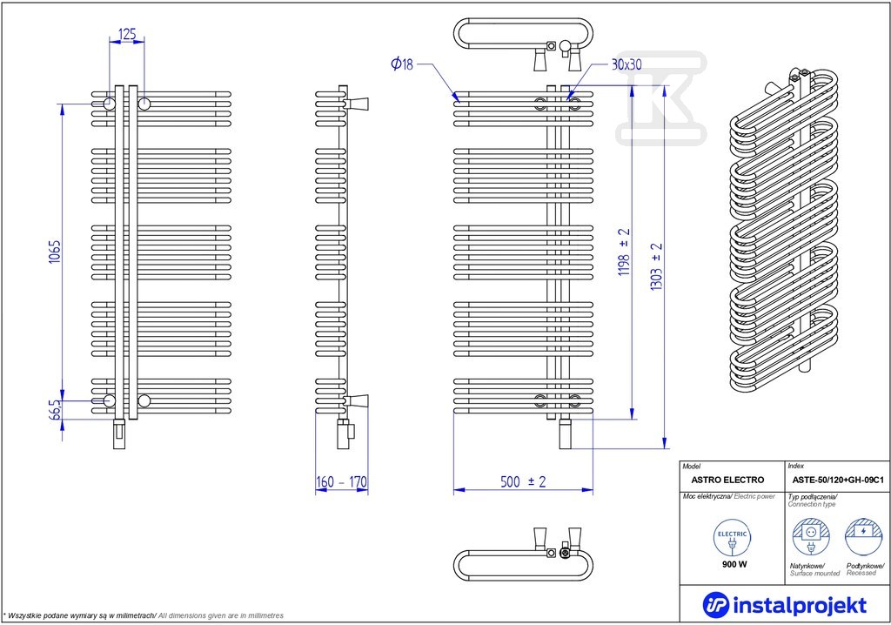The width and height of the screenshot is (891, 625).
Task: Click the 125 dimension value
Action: (127, 34)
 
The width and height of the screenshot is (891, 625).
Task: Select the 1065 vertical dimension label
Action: (55, 252)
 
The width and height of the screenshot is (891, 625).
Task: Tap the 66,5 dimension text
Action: (55, 409)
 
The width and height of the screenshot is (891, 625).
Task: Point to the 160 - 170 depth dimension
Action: (341, 482)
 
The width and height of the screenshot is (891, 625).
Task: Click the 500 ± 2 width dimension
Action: (523, 481)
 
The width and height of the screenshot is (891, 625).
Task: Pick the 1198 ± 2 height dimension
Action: (624, 252)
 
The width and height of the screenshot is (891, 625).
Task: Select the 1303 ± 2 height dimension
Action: (656, 266)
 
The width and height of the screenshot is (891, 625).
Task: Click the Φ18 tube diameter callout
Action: (402, 64)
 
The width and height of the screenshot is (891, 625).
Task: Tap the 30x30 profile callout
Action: (626, 64)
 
